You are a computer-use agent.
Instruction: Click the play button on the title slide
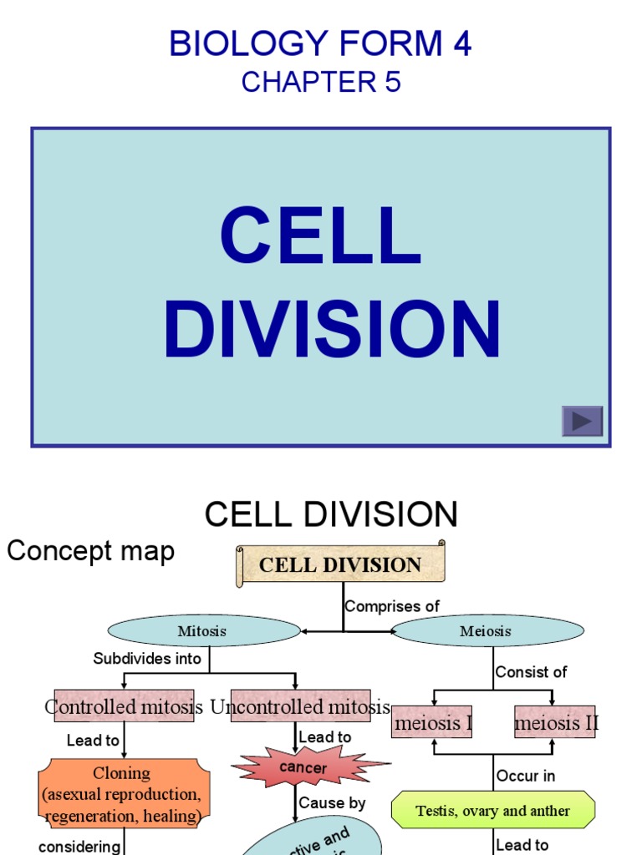(x=582, y=421)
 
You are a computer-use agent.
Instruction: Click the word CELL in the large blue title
(x=320, y=236)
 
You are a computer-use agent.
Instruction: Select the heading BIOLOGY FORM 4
(x=320, y=43)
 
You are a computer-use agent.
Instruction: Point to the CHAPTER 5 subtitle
(x=321, y=82)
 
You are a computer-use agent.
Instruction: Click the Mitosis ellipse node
(x=202, y=631)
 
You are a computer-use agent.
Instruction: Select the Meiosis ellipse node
(x=485, y=631)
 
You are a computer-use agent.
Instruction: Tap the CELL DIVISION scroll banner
(x=340, y=564)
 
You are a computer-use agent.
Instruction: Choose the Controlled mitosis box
(x=124, y=706)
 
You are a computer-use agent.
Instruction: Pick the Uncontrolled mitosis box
(x=300, y=706)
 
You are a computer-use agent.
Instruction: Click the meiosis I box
(x=432, y=722)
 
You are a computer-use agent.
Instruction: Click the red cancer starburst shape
(x=304, y=767)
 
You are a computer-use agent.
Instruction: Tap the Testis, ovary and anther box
(x=493, y=811)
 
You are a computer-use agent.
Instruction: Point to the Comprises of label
(x=392, y=607)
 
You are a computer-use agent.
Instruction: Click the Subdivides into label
(x=147, y=658)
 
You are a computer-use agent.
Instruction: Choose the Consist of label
(x=532, y=671)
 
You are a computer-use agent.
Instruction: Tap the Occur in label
(x=526, y=776)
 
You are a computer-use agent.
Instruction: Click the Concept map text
(x=91, y=551)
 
